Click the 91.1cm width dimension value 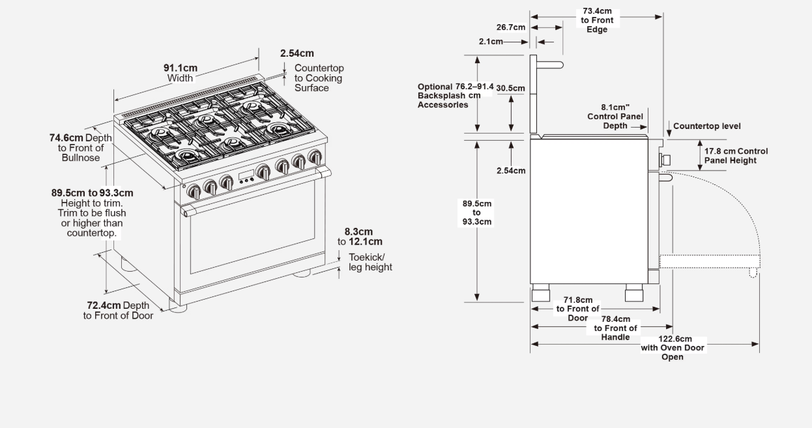[180, 68]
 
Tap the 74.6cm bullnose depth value [66, 137]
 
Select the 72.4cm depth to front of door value [104, 305]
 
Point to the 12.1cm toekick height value [366, 242]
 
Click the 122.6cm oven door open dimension [675, 339]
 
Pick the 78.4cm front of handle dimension [616, 319]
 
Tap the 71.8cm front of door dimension [578, 300]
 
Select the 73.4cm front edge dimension [597, 11]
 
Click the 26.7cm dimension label [511, 27]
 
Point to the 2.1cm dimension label [491, 42]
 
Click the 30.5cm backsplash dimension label [510, 88]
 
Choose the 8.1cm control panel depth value [615, 107]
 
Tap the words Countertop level [707, 126]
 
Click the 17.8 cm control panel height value [720, 151]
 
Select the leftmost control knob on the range [194, 191]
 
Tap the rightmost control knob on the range [315, 156]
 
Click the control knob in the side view [665, 160]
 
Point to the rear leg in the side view [540, 292]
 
